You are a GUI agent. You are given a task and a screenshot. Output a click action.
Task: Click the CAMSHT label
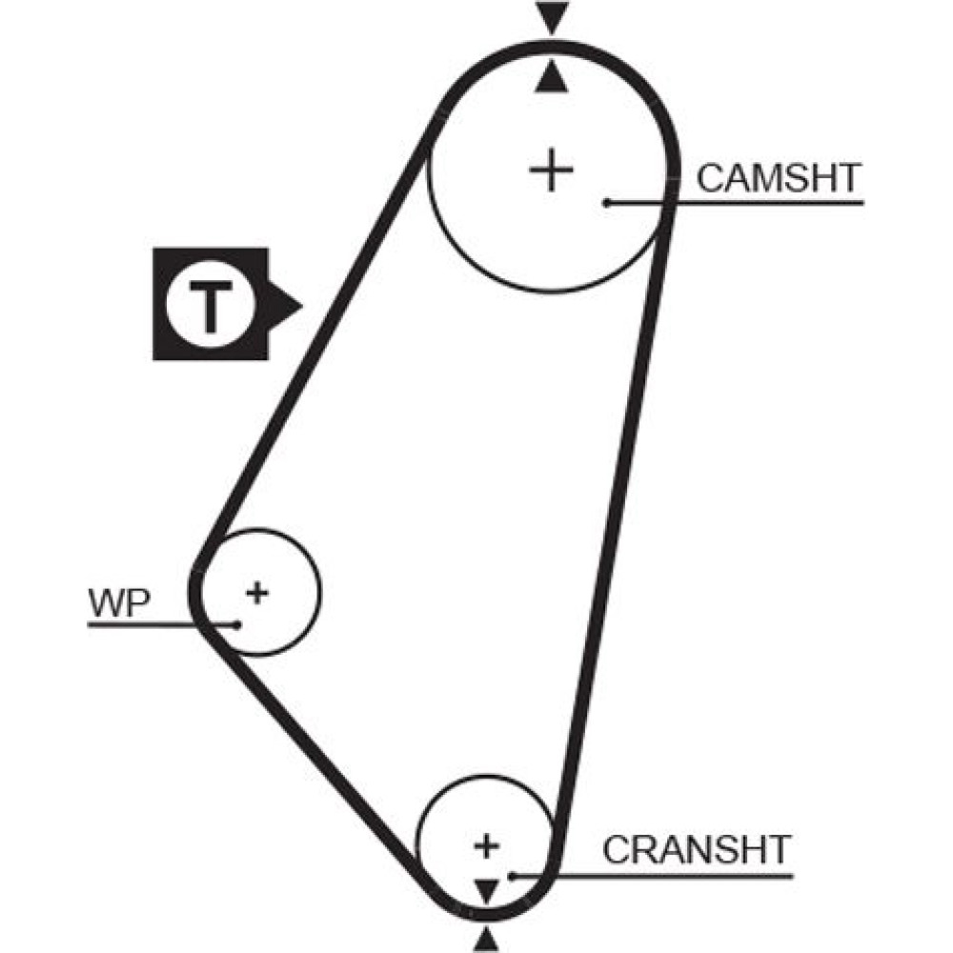(779, 178)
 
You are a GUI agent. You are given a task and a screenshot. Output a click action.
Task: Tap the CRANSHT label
(698, 848)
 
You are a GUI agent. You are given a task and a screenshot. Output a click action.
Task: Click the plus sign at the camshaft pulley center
(551, 172)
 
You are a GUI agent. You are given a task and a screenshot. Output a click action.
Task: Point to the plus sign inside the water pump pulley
(257, 592)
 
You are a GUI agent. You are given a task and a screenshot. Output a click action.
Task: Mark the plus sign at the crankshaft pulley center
(487, 844)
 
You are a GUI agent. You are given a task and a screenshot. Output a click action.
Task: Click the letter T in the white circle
(211, 306)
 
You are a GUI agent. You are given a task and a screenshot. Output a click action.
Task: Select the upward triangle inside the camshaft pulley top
(551, 79)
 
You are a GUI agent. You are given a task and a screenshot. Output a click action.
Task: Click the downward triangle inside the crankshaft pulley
(487, 891)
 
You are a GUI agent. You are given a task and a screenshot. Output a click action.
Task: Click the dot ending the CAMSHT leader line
(606, 202)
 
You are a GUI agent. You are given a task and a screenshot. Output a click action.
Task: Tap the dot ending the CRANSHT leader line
(512, 875)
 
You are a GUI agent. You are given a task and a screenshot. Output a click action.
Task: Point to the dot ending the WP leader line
(237, 624)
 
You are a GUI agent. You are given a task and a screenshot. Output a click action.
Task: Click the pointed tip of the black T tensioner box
(299, 306)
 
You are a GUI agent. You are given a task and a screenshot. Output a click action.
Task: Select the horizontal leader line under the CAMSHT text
(762, 202)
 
